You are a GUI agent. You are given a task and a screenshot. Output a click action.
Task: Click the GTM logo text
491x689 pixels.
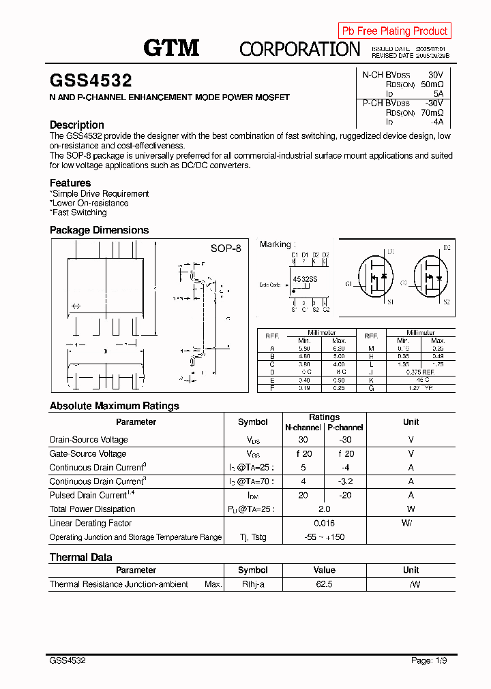click(171, 48)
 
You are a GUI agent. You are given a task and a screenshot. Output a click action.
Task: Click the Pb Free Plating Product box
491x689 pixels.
click(394, 31)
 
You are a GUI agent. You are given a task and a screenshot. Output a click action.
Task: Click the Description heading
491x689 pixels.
click(77, 125)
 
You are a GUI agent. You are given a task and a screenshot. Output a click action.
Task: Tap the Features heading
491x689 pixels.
click(70, 182)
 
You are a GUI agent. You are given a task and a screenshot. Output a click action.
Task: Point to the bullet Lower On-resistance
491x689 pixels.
click(90, 203)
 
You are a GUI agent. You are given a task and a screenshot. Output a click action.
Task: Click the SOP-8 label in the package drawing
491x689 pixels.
click(226, 249)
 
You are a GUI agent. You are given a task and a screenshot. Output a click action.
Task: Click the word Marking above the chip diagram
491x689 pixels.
click(276, 244)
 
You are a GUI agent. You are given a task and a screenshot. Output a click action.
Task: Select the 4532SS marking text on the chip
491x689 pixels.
click(305, 280)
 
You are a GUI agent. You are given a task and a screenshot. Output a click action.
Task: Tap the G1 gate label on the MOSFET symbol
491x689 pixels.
click(349, 283)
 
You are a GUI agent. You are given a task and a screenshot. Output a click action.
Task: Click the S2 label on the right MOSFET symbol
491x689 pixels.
click(447, 302)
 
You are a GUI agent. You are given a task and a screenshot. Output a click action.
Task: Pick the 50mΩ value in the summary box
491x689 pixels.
click(432, 84)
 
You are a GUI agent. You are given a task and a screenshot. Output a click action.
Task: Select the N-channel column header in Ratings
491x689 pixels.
click(303, 428)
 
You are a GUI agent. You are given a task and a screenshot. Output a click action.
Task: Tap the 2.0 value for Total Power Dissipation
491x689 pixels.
click(324, 509)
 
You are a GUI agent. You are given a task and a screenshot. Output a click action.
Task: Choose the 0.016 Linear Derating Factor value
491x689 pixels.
click(324, 523)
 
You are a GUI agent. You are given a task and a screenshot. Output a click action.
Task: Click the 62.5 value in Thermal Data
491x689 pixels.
click(324, 584)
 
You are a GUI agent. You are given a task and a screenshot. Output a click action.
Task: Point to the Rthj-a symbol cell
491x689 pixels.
click(253, 584)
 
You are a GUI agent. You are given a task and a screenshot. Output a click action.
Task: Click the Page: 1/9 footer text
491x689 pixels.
click(431, 660)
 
